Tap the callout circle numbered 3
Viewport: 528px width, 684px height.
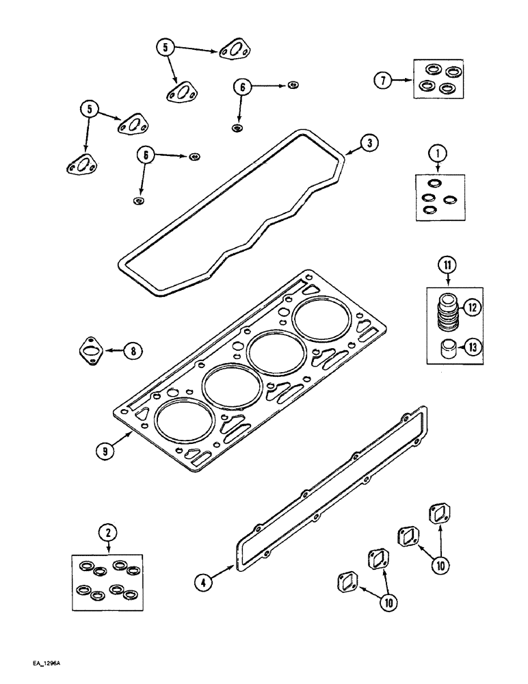pyautogui.click(x=368, y=143)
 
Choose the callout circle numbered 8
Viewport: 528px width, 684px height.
pyautogui.click(x=133, y=352)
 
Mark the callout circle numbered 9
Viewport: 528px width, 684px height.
pyautogui.click(x=104, y=451)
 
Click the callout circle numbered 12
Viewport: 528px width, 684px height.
pyautogui.click(x=472, y=309)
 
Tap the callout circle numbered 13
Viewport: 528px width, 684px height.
pyautogui.click(x=472, y=347)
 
